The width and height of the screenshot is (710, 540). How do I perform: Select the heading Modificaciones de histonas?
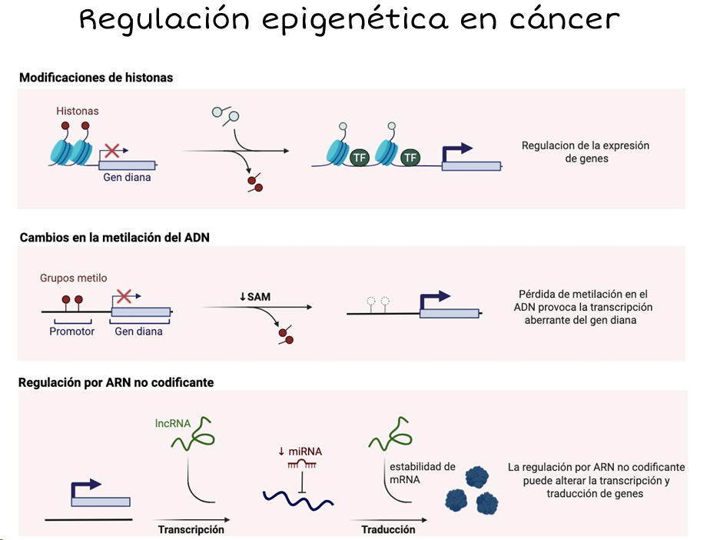click(96, 78)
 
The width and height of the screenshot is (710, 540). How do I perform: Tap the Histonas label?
click(78, 111)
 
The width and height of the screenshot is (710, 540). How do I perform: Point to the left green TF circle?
click(360, 158)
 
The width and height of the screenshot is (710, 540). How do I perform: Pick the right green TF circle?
click(411, 158)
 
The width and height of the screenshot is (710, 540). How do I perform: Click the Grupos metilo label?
click(74, 278)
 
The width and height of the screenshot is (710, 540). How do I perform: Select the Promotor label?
click(72, 332)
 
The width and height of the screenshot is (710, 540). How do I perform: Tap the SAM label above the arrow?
click(254, 296)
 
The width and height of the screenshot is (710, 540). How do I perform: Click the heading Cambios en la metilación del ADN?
click(114, 238)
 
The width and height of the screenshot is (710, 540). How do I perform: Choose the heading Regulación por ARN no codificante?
click(117, 382)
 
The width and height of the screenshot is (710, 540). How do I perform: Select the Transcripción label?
click(191, 530)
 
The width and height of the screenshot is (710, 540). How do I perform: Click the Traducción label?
click(388, 530)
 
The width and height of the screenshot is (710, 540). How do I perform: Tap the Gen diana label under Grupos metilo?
click(138, 332)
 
